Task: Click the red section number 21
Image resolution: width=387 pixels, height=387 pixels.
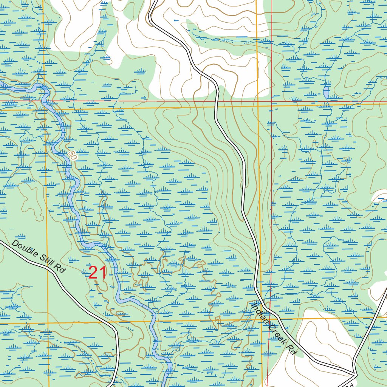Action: [97, 273]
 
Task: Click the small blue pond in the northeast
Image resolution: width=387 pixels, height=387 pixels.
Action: [326, 92]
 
